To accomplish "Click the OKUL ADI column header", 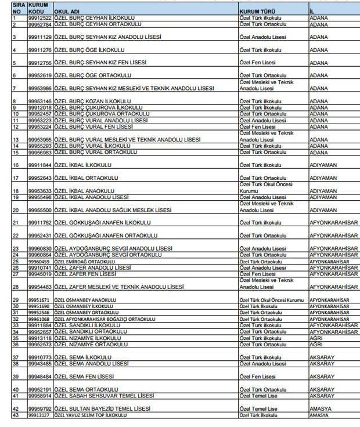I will point(66,11).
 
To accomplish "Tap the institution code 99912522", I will point(40,19).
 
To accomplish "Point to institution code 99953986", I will point(40,88).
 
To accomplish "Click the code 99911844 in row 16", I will point(40,165).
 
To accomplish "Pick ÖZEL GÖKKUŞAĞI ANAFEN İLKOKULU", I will point(102,222).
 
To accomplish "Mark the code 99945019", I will point(40,274).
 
